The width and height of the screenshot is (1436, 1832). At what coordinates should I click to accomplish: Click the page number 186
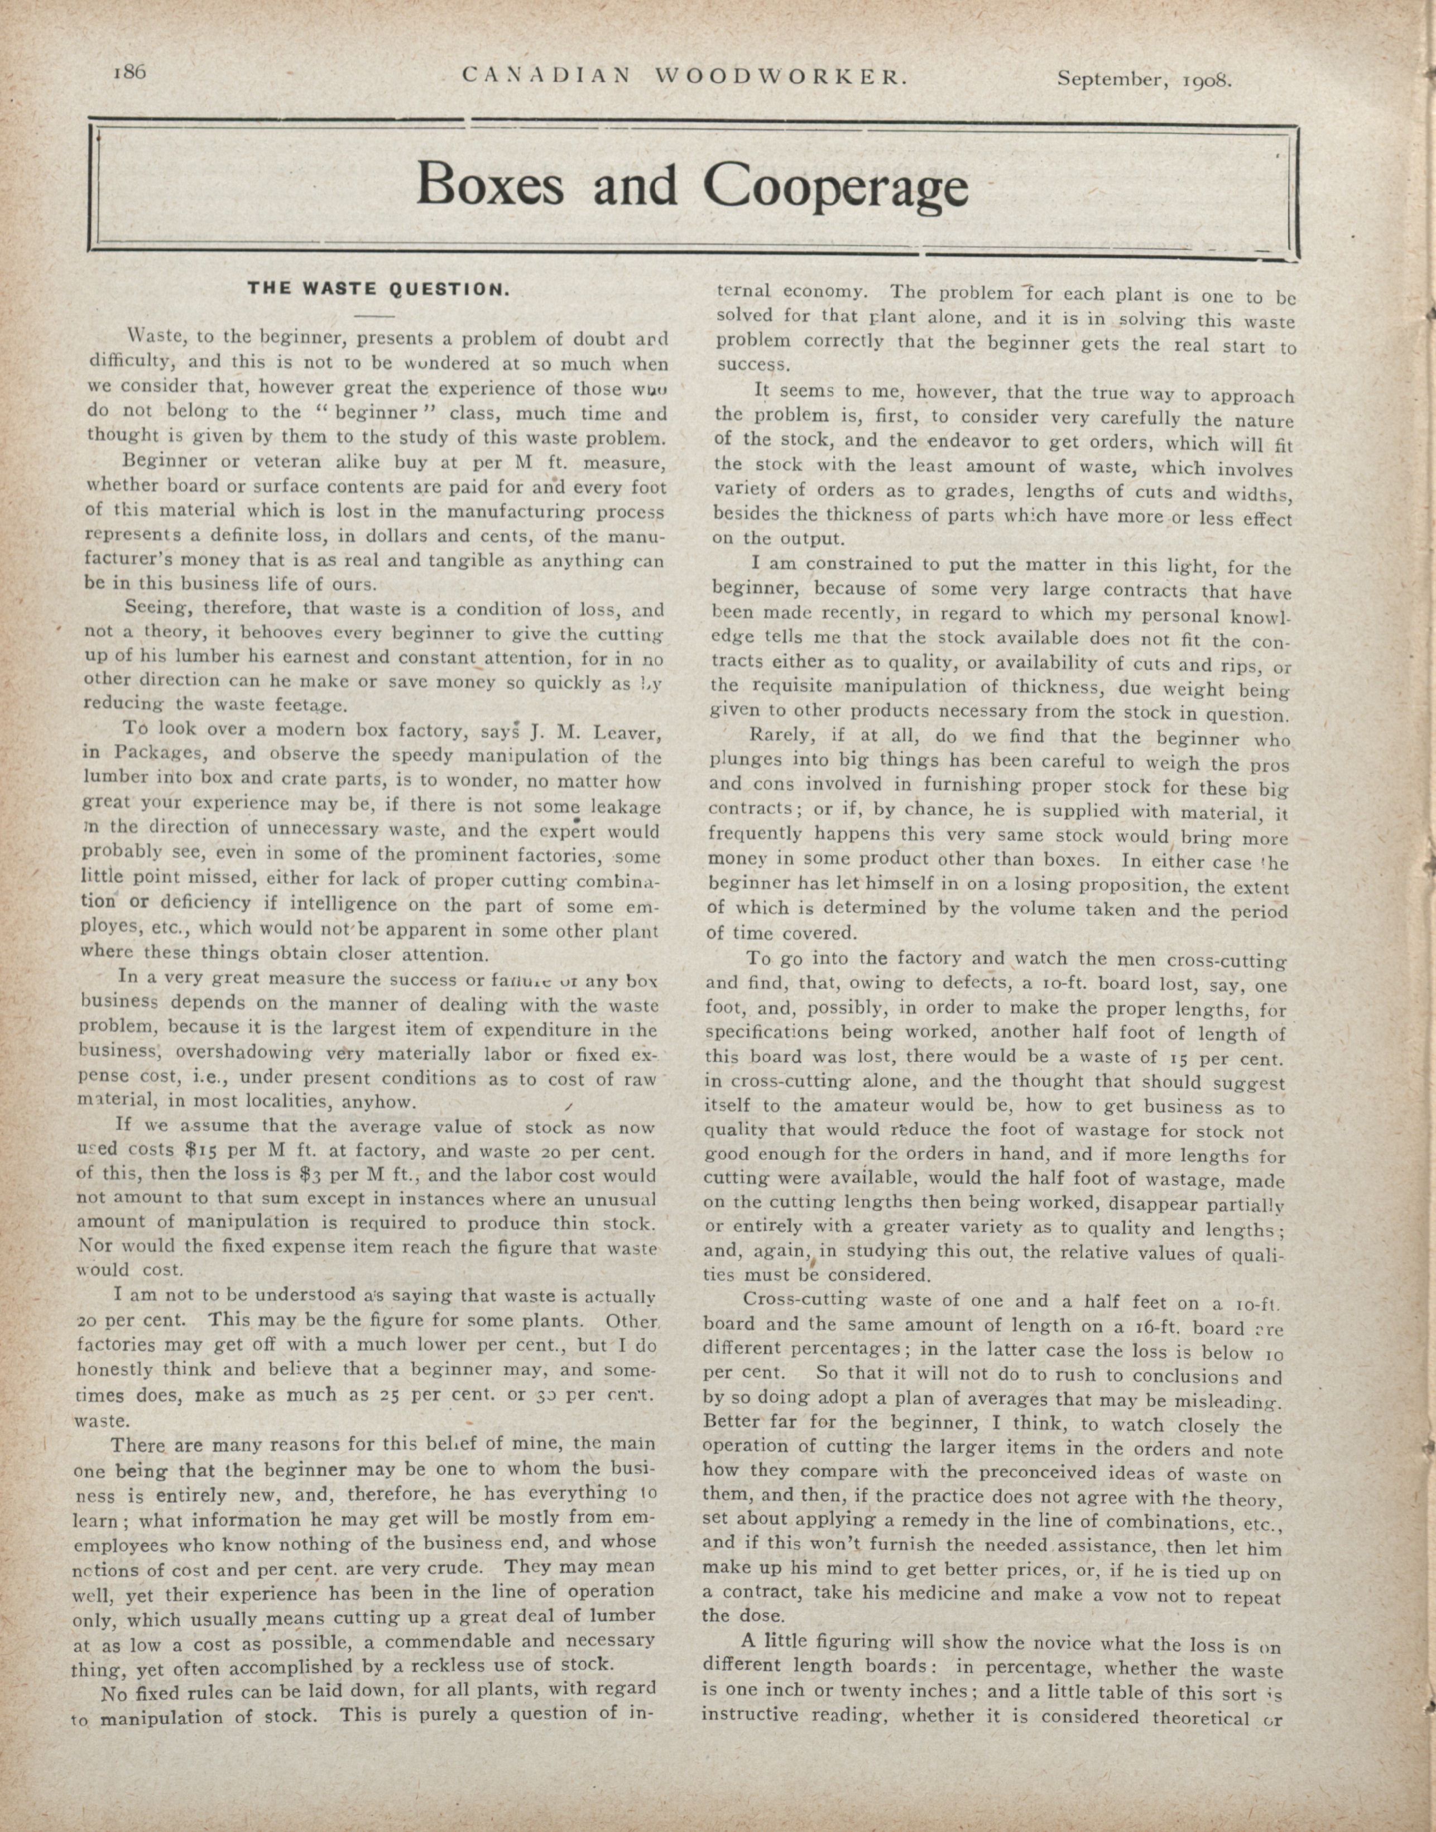tap(129, 73)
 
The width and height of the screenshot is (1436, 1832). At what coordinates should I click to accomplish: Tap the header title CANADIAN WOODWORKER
tap(684, 78)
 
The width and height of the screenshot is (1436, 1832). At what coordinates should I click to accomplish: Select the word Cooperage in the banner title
tap(835, 186)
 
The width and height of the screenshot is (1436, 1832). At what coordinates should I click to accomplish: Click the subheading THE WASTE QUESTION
tap(378, 290)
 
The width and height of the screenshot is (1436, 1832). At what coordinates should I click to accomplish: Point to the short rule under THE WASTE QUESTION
tap(375, 316)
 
